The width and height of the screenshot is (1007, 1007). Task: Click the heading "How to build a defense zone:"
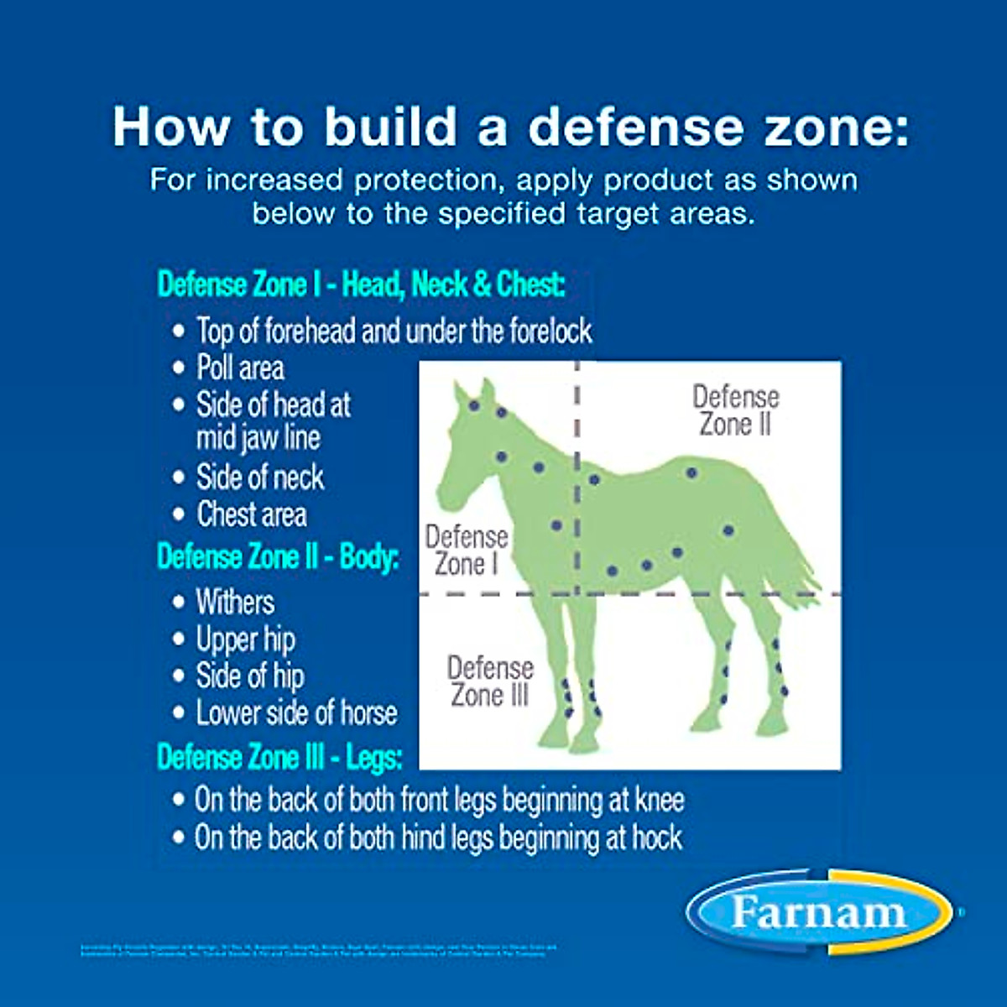tap(510, 127)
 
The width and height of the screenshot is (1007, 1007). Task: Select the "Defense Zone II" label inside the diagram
tap(736, 410)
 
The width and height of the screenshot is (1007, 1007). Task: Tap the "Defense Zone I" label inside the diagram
tap(467, 550)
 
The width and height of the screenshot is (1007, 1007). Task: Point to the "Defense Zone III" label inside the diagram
tap(490, 681)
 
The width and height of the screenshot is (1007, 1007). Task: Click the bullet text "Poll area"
tap(240, 368)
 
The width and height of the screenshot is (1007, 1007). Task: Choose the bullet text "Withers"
tap(235, 602)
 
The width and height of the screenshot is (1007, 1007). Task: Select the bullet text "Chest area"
tap(252, 514)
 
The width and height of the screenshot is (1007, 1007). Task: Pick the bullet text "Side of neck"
tap(260, 477)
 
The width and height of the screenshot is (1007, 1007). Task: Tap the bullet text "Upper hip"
tap(245, 639)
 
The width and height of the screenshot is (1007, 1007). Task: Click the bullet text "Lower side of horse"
tap(296, 712)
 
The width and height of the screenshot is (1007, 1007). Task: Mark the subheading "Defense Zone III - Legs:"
tap(279, 758)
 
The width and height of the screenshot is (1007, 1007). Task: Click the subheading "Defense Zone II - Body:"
tap(278, 557)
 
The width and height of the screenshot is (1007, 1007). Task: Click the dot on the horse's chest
tap(556, 525)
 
